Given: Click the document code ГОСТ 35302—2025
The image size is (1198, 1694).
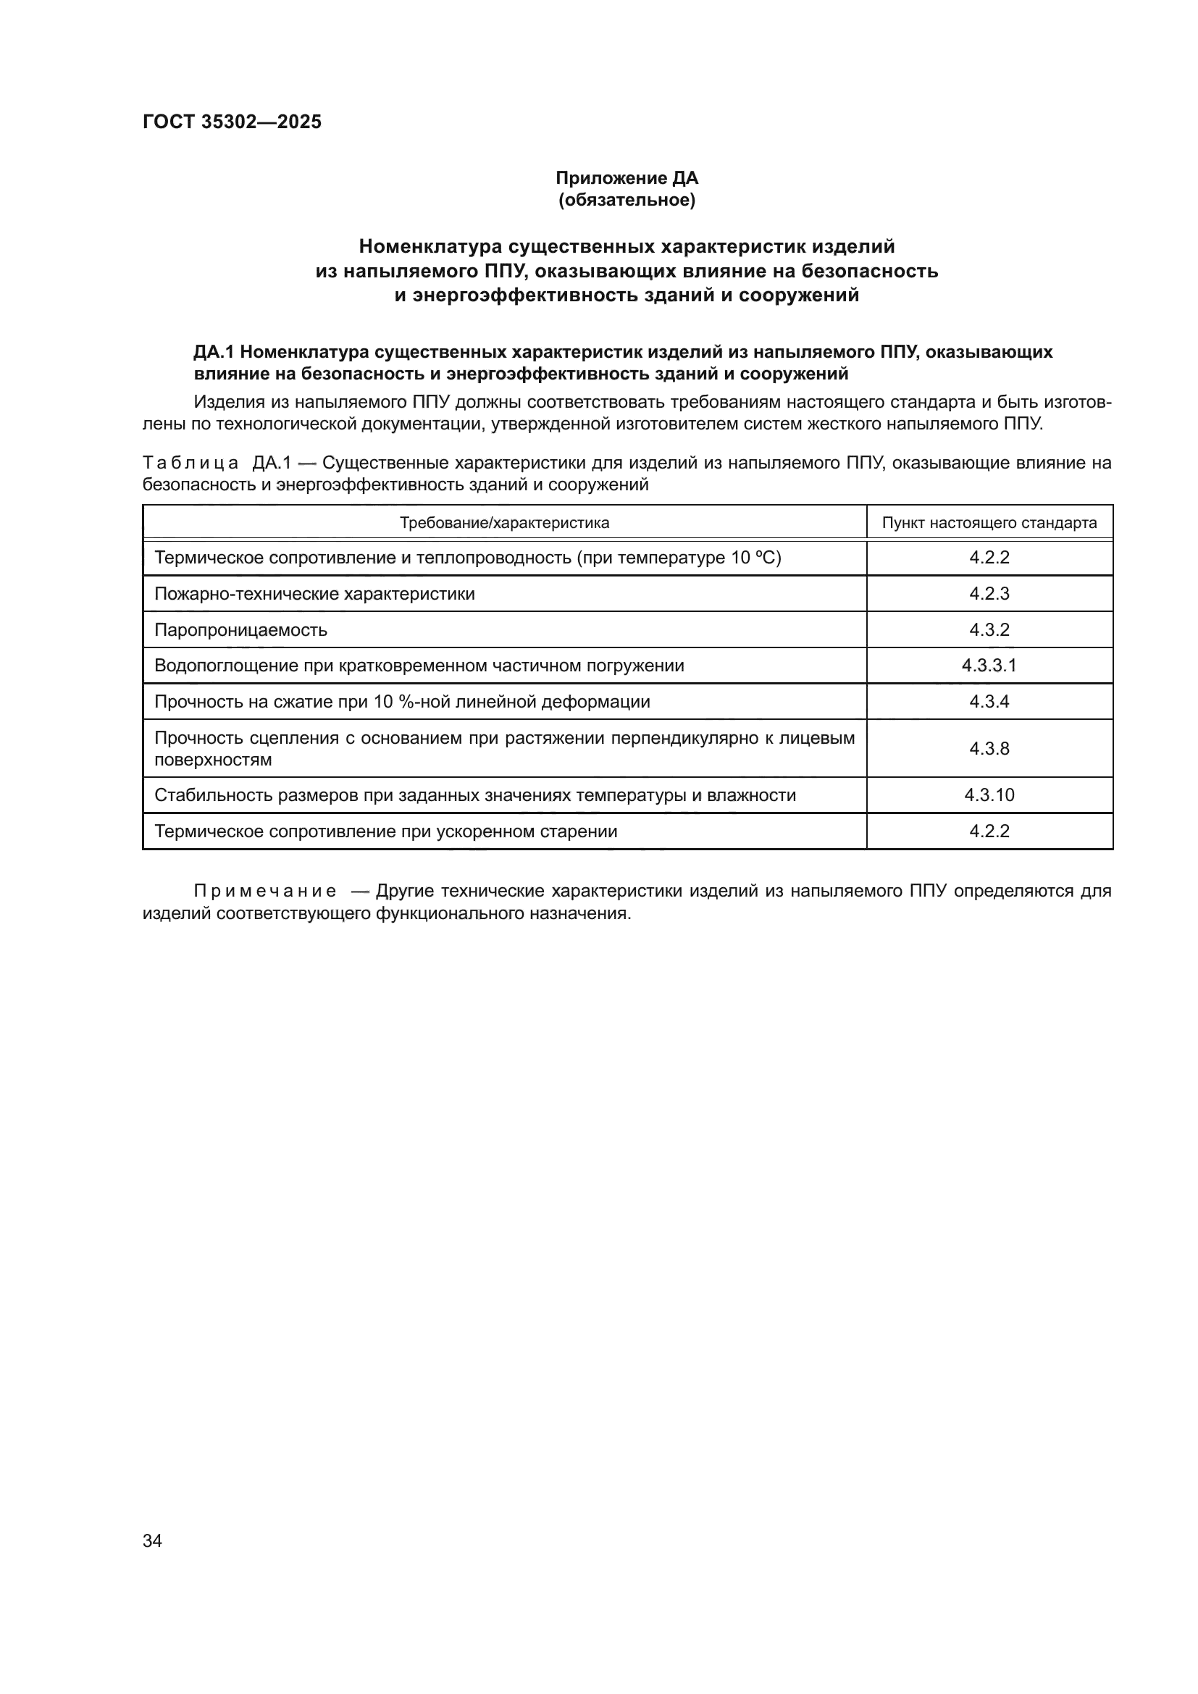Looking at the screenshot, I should point(232,122).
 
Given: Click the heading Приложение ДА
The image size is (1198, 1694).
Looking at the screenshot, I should point(627,178).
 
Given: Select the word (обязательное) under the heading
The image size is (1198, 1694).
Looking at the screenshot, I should point(627,200).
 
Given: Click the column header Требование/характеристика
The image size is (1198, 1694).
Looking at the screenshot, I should point(504,523).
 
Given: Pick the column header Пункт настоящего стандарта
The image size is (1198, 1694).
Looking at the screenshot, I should point(989,523).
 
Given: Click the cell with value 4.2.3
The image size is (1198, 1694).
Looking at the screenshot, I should point(989,594).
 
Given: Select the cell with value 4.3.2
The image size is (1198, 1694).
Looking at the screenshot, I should point(989,630).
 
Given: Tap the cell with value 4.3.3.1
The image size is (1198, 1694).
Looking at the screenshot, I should point(989,666).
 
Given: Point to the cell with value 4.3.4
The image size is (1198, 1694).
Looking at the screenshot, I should point(989,702).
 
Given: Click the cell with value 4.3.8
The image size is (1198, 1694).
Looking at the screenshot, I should point(989,749).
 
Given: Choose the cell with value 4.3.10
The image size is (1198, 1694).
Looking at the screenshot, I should point(989,795).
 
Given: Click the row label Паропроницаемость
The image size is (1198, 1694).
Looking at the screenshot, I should point(240,630).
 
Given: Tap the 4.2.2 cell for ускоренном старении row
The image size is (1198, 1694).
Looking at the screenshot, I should point(989,831).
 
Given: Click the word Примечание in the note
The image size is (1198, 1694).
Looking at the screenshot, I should point(265,892).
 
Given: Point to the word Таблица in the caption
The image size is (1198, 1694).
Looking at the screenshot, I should point(190,464).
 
